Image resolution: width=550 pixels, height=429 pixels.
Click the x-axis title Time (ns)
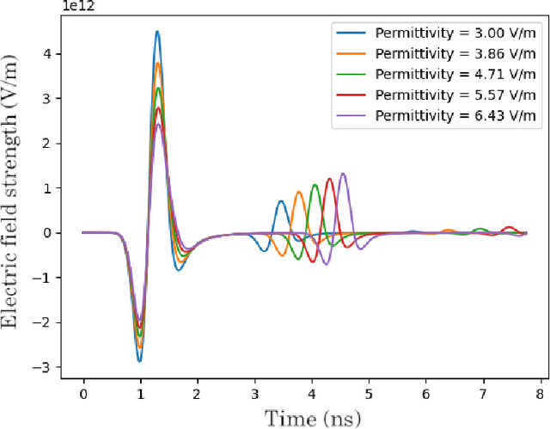(310, 419)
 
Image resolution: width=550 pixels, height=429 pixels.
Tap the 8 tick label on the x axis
(539, 394)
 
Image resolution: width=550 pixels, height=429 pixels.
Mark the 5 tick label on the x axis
(368, 394)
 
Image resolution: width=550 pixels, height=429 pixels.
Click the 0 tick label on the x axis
(83, 394)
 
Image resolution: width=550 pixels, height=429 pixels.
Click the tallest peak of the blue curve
(156, 32)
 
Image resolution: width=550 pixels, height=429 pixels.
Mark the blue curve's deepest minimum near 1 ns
(139, 361)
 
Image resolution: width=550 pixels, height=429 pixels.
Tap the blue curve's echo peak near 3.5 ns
(281, 201)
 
